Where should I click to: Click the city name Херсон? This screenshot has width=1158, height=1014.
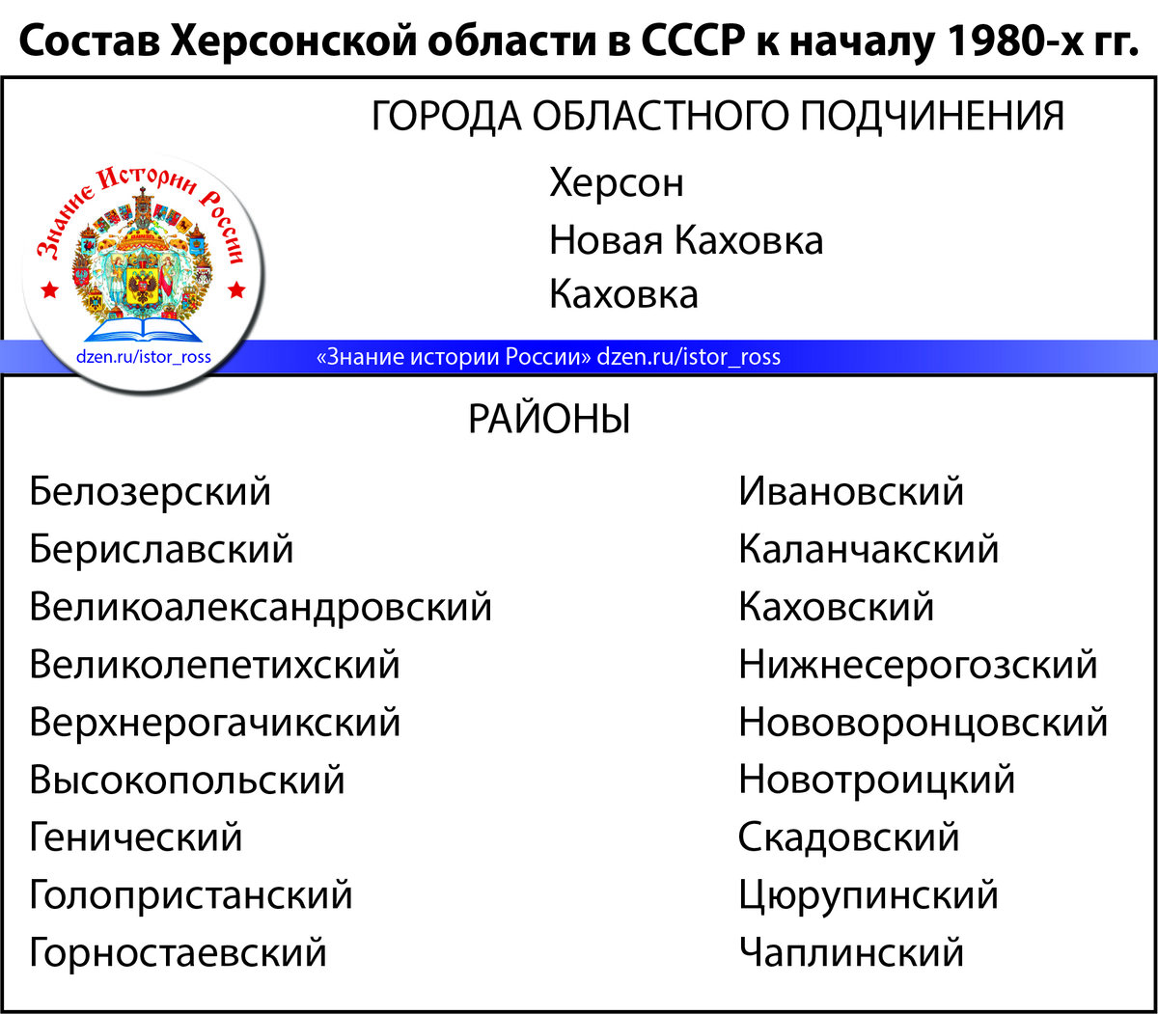click(616, 182)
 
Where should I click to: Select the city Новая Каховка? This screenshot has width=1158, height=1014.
click(686, 239)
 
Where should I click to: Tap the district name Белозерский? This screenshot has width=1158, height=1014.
click(151, 492)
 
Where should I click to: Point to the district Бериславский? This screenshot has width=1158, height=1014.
click(161, 550)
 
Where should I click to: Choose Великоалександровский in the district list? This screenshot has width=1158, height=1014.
click(261, 608)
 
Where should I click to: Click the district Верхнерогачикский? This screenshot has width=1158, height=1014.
click(214, 723)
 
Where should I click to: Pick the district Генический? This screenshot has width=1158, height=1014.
click(136, 837)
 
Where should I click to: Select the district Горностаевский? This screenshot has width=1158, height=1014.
click(179, 953)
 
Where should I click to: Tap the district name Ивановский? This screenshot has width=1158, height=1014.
click(851, 492)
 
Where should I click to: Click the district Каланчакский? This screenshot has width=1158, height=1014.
click(868, 550)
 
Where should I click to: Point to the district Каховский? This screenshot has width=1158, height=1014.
click(837, 608)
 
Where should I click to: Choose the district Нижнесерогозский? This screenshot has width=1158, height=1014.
click(918, 665)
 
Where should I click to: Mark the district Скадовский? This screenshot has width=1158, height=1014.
click(849, 837)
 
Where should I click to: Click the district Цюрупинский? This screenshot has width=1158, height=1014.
click(868, 895)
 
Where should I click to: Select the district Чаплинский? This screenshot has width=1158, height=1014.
click(851, 953)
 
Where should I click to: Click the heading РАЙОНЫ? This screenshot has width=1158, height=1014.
click(549, 420)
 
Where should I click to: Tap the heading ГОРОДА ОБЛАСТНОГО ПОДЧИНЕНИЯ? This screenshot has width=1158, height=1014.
click(718, 117)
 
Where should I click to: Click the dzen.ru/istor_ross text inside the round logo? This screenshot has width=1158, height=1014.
click(143, 357)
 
